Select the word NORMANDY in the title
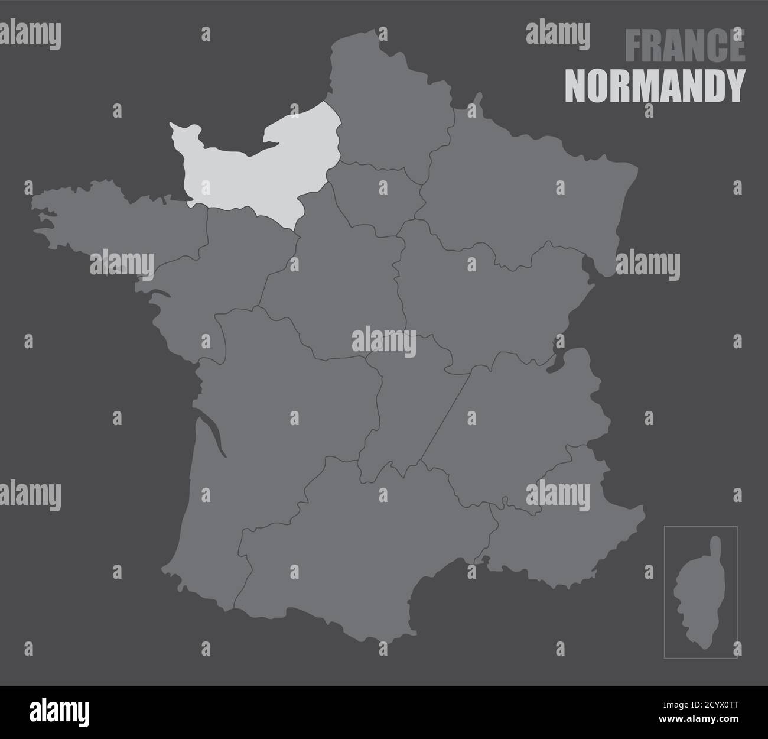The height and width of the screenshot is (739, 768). pyautogui.click(x=655, y=86)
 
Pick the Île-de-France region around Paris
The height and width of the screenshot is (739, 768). pyautogui.click(x=378, y=198)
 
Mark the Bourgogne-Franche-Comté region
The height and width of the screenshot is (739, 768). pyautogui.click(x=484, y=302)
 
